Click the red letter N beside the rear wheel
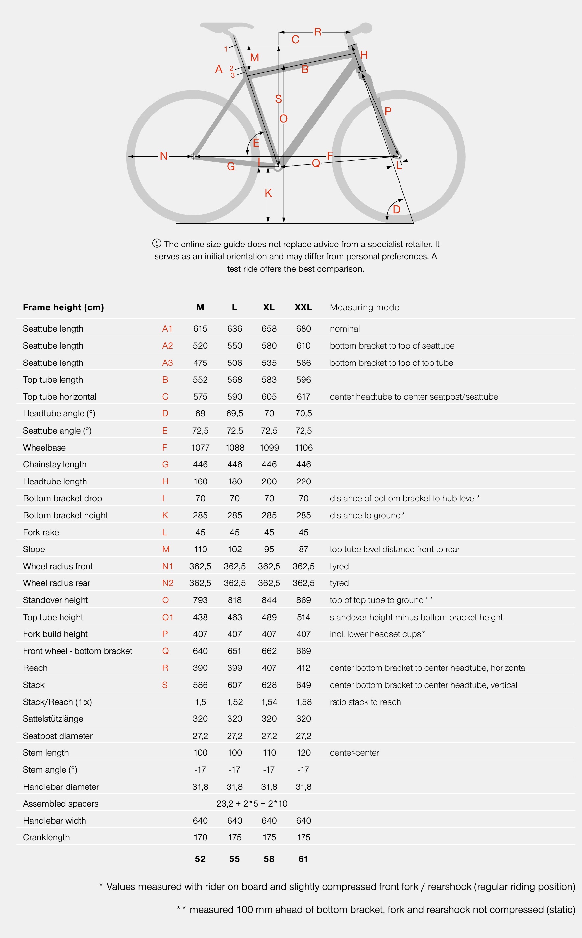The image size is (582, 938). (x=164, y=156)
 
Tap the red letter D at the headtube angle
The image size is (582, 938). (x=397, y=210)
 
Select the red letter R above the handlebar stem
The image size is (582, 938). (x=318, y=32)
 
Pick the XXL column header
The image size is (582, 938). (x=303, y=307)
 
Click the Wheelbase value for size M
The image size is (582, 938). (x=200, y=447)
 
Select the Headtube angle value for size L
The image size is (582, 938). (x=234, y=413)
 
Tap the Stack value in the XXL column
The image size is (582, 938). (x=303, y=685)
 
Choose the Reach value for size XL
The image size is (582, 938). (x=269, y=668)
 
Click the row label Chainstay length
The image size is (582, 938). (x=55, y=464)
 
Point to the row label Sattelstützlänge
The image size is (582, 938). (x=53, y=719)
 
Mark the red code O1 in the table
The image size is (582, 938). (x=167, y=617)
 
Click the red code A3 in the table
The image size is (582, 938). (x=167, y=363)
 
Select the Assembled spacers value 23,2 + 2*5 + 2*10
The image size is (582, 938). (x=252, y=803)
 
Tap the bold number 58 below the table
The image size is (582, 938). (x=269, y=859)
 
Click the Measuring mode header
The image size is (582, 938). (x=365, y=307)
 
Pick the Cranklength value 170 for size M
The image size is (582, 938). (x=200, y=837)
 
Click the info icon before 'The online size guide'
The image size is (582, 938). (x=157, y=243)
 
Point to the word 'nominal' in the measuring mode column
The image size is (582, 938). (x=345, y=329)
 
